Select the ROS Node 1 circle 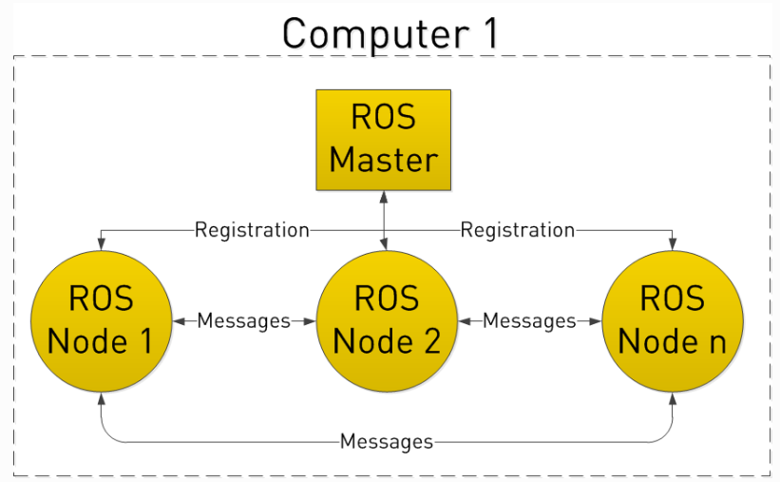(x=100, y=321)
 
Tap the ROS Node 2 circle (x=385, y=321)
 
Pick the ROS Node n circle (x=673, y=321)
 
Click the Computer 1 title (x=390, y=33)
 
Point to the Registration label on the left (x=252, y=230)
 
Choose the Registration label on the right (x=518, y=230)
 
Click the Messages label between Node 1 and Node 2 (x=243, y=321)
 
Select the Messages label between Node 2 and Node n (x=529, y=321)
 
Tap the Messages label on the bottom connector (x=386, y=442)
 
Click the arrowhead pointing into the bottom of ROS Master (x=383, y=196)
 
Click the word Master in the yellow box (x=384, y=158)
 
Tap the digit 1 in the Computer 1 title (x=485, y=34)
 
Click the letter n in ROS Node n (x=715, y=340)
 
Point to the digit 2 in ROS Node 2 (x=429, y=340)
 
